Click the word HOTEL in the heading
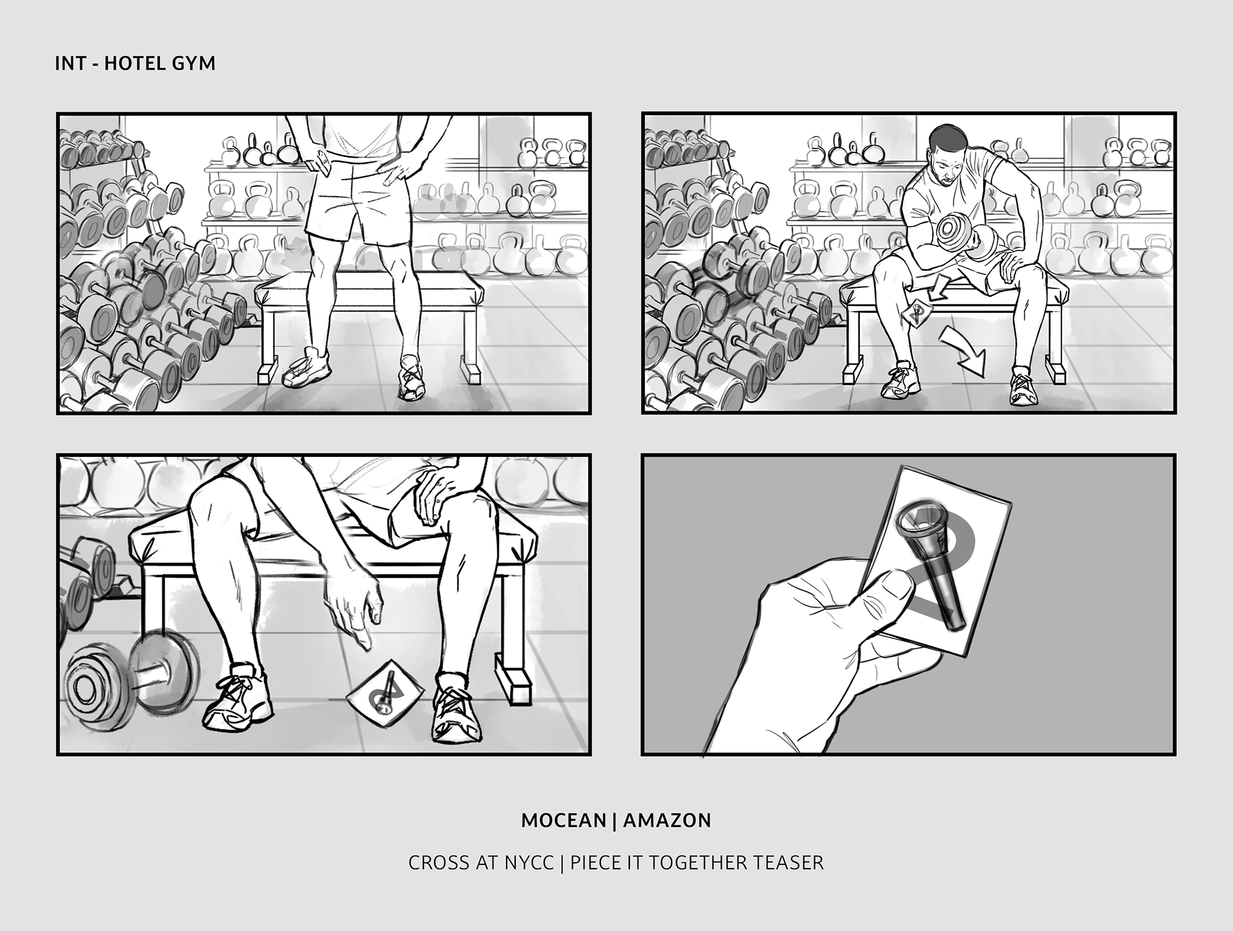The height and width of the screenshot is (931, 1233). point(135,64)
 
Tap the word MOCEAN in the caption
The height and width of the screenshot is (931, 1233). point(564,820)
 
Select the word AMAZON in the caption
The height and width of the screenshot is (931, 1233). point(667,820)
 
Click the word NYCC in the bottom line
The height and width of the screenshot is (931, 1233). point(529,862)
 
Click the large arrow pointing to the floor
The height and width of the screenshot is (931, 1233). point(965,351)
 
